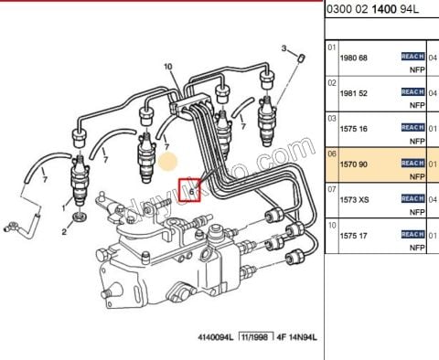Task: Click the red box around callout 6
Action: click(x=191, y=189)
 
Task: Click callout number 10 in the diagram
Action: click(x=167, y=67)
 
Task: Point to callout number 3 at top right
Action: click(x=284, y=48)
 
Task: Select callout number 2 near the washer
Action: click(x=64, y=232)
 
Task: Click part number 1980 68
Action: click(x=354, y=58)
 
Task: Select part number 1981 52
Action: click(x=354, y=92)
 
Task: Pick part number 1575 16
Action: click(x=354, y=128)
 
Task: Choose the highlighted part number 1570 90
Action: click(x=354, y=164)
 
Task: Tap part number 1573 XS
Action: click(x=354, y=199)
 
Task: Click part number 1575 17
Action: click(x=354, y=235)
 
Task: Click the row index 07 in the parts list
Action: click(x=332, y=188)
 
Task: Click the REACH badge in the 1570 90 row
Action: click(x=413, y=164)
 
